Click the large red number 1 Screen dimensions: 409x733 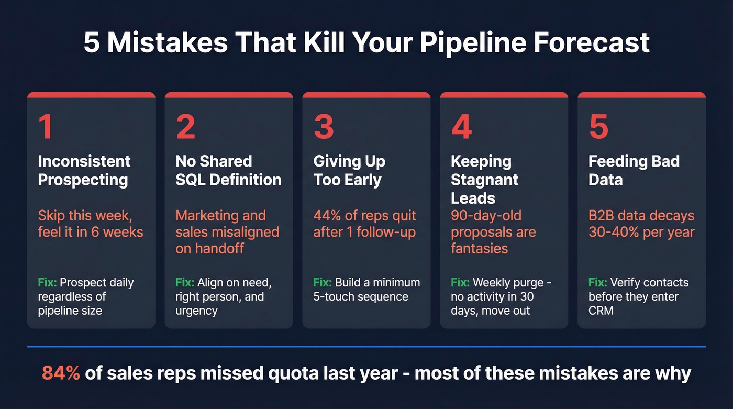coord(46,127)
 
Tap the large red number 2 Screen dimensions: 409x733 coord(186,127)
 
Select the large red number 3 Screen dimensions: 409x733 coord(324,127)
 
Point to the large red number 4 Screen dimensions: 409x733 coord(461,127)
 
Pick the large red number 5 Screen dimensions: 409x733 coord(598,127)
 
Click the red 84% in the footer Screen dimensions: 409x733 coord(61,373)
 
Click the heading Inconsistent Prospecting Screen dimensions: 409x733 coord(84,170)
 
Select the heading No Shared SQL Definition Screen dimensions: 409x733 coord(228,170)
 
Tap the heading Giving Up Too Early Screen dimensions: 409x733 coord(349,170)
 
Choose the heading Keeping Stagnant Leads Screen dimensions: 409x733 coord(484,179)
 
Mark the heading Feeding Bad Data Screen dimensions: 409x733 coord(634,170)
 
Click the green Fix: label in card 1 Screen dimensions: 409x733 coord(47,283)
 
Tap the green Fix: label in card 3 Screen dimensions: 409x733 coord(323,283)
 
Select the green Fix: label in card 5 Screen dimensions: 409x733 coord(597,283)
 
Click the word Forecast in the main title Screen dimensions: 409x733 coord(592,43)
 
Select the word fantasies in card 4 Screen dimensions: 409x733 coord(479,248)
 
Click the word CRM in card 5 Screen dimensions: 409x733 coord(601,311)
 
